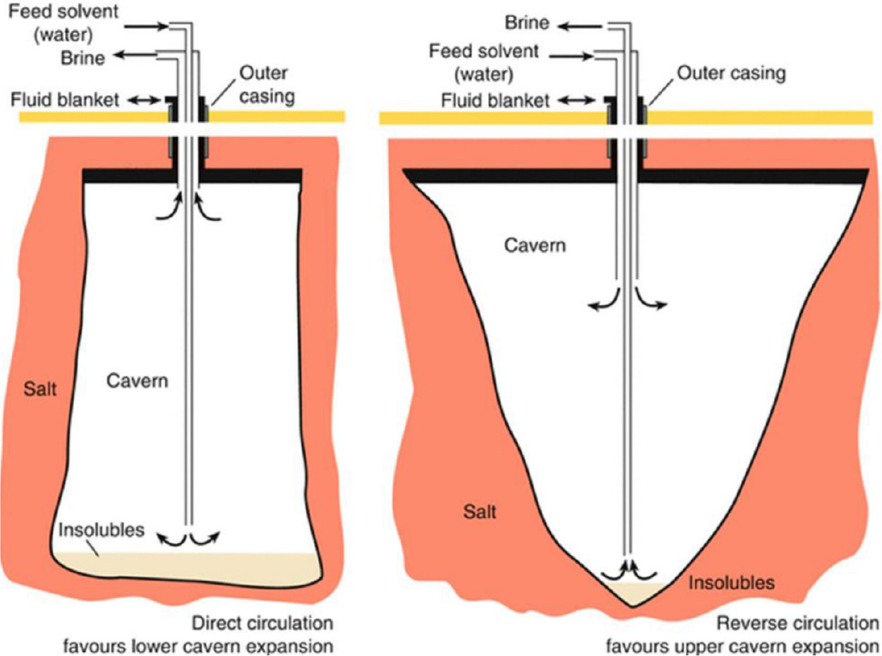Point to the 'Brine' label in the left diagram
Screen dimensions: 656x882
pos(84,59)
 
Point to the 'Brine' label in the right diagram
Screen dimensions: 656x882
pos(527,24)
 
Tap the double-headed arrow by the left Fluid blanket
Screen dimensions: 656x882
pos(147,101)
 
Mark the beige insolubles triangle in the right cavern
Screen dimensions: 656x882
pos(630,593)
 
